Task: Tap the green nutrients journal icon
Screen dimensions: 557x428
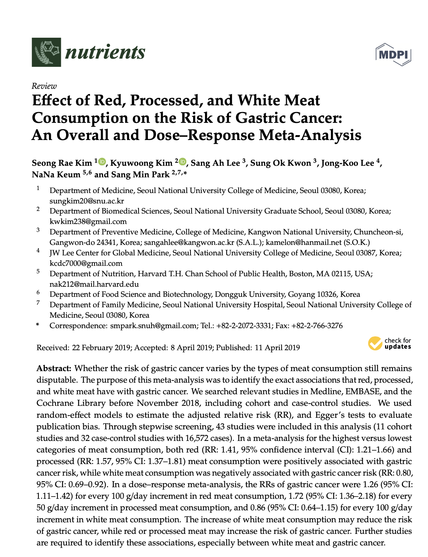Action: [x=46, y=52]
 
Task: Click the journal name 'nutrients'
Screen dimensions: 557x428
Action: [x=105, y=52]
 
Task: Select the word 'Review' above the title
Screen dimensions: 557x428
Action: [x=44, y=86]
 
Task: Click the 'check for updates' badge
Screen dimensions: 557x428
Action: [x=390, y=343]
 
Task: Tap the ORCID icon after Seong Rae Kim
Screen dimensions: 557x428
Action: [x=102, y=162]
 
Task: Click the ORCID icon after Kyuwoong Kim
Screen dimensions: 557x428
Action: [x=183, y=162]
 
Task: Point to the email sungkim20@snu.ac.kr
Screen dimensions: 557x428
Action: [x=87, y=201]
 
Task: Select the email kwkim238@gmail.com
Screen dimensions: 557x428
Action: [x=88, y=221]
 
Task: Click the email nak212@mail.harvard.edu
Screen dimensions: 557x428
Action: [x=94, y=284]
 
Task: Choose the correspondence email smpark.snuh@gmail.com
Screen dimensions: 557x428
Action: [x=153, y=326]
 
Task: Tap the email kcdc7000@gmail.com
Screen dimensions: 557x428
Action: [x=86, y=263]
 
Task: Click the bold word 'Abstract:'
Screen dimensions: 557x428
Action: [x=54, y=368]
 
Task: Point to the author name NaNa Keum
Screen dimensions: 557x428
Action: [x=56, y=174]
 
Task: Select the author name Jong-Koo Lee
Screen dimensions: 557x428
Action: [x=348, y=163]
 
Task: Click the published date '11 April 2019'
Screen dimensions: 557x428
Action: [x=277, y=348]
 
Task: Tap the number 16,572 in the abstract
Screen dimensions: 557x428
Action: [x=198, y=438]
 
